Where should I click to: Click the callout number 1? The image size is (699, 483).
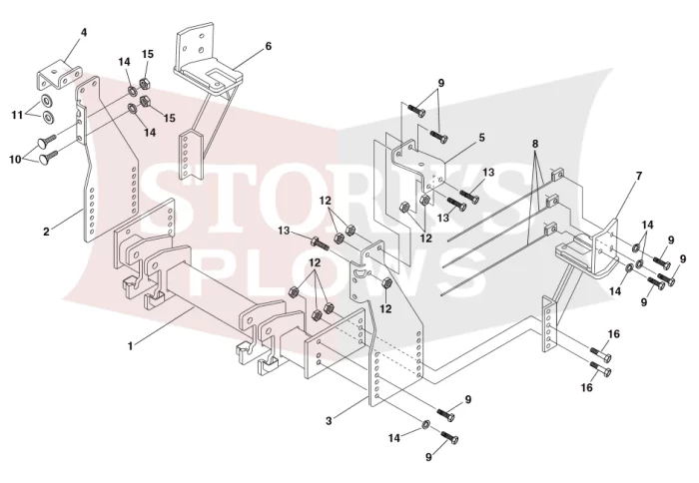(130, 345)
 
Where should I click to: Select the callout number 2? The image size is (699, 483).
(46, 232)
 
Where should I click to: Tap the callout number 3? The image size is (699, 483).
(329, 420)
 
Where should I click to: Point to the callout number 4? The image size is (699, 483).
(84, 33)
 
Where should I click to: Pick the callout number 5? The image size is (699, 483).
(482, 138)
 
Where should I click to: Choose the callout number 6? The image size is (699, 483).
(268, 46)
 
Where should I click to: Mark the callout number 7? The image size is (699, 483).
(639, 176)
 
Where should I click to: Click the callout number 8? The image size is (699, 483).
(535, 144)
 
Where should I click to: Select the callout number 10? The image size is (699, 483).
(16, 159)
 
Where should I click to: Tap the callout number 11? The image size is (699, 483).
(17, 116)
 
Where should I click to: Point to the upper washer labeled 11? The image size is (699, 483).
(47, 100)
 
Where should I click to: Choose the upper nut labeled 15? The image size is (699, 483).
(145, 83)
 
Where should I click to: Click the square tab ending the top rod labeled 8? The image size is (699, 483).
(557, 175)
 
